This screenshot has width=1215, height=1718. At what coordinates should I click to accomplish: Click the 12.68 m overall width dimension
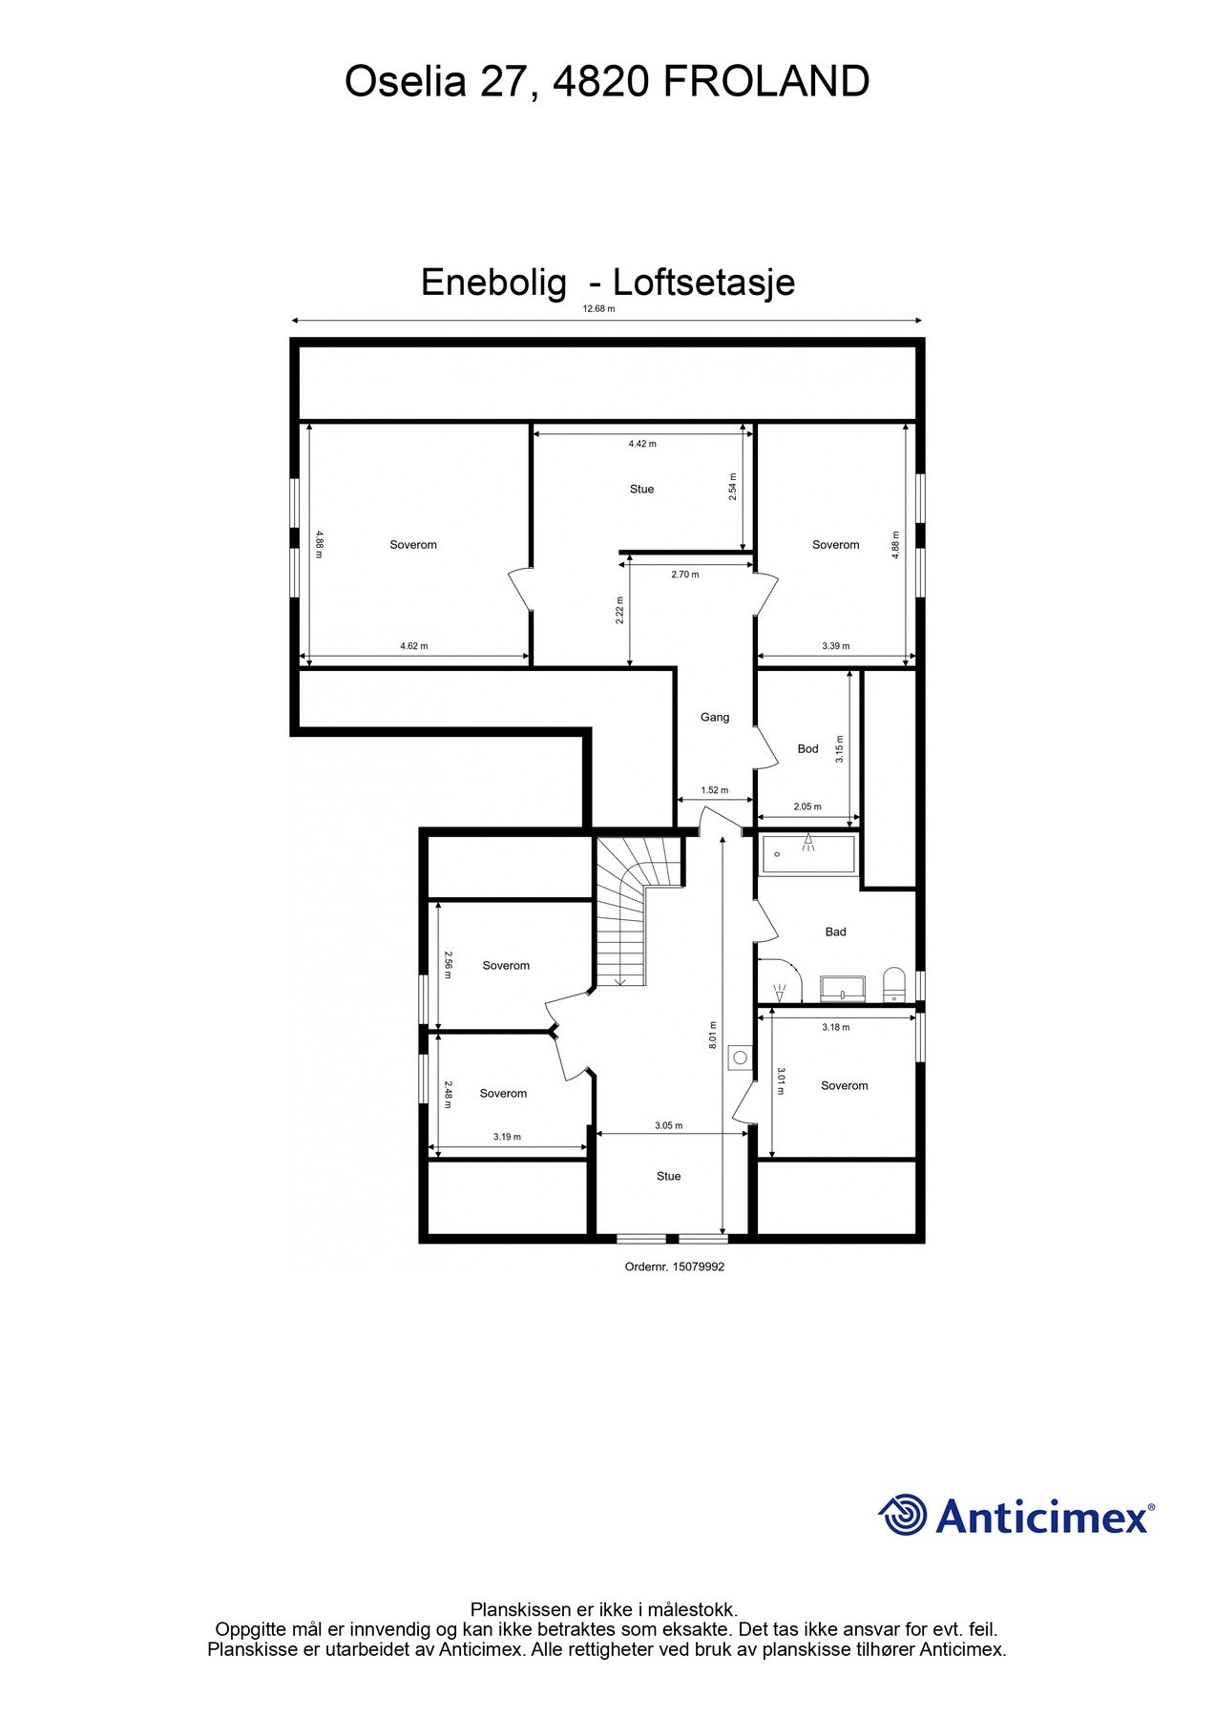598,309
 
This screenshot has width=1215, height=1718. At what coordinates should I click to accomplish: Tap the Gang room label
715,718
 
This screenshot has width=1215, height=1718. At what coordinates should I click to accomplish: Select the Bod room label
807,749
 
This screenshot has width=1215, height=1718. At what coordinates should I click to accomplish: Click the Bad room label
835,932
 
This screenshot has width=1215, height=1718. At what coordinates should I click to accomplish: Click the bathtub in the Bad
807,855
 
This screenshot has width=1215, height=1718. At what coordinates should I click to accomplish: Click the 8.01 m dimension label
713,1036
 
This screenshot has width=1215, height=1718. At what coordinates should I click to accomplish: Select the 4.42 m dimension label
642,444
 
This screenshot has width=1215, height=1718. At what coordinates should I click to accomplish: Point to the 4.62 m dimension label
413,646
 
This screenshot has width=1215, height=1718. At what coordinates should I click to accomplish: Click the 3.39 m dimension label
835,646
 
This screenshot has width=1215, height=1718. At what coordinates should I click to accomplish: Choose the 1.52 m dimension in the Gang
714,790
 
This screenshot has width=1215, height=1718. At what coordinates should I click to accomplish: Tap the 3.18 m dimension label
835,1028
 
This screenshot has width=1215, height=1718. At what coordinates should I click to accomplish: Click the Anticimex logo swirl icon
902,1515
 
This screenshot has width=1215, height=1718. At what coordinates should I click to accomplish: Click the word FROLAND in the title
766,82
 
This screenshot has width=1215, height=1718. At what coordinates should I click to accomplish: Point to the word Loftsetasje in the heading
703,283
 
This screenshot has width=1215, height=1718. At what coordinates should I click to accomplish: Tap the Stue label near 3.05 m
668,1177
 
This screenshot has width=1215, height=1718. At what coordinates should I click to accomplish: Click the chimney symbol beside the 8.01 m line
740,1058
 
